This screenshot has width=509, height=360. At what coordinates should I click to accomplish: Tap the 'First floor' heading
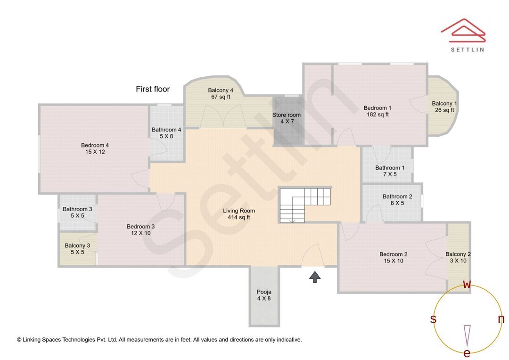coord(153,89)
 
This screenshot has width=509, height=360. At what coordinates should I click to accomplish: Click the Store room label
coord(286,115)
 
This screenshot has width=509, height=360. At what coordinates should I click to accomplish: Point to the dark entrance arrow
coord(315,277)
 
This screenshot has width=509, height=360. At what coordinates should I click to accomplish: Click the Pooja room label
coord(263,292)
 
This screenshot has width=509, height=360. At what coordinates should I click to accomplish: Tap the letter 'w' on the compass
coord(467,284)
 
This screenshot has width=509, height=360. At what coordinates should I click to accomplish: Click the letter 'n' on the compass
coord(501,319)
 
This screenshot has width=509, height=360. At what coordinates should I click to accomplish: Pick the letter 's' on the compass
coord(433,319)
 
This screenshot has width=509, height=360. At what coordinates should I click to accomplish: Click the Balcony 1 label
coord(444,104)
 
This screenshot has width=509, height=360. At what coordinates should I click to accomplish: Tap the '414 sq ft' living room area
coord(239,217)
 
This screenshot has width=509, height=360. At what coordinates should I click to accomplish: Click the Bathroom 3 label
coord(77,209)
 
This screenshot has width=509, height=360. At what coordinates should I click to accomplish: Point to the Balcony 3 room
coord(78,249)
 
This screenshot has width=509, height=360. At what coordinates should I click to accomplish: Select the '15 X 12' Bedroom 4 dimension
coord(95,152)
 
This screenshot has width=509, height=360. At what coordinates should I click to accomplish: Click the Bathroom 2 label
coord(397,196)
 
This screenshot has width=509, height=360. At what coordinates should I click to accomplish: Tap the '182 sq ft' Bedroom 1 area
coord(378,115)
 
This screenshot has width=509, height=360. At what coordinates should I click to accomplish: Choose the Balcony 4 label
coord(221,90)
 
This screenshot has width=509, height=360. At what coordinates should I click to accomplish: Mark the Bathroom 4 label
coord(166,130)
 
